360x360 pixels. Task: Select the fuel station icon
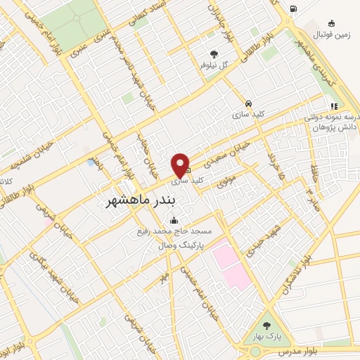(x=292, y=9)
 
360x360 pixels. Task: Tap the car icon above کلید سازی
(x=248, y=103)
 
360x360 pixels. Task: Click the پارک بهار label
(x=266, y=337)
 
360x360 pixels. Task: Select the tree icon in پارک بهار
(x=266, y=326)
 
